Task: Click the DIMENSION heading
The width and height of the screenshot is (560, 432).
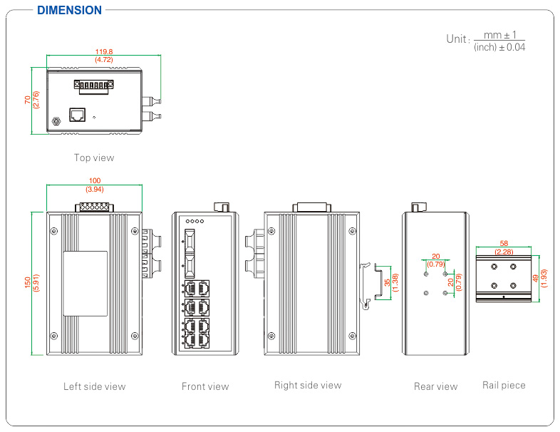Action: tap(69, 10)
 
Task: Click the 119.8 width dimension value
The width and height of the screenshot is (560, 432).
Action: tap(104, 51)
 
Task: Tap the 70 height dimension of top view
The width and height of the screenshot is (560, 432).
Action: tap(28, 101)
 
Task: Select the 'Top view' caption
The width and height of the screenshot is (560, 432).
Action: tap(94, 158)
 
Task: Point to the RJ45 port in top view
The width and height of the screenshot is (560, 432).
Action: tap(77, 114)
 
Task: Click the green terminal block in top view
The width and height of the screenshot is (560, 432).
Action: tap(93, 86)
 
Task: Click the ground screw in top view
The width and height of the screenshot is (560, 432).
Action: tap(56, 122)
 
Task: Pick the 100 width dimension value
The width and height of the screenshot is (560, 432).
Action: tap(94, 182)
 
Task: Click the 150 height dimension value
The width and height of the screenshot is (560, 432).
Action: tap(28, 283)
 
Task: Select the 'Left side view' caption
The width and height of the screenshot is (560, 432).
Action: tap(94, 386)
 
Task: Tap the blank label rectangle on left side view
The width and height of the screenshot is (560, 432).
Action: tap(85, 283)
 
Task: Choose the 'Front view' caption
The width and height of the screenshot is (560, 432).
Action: tap(205, 386)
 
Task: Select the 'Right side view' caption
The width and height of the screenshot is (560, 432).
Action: tap(308, 386)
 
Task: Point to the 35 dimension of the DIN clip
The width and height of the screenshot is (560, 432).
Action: tap(387, 282)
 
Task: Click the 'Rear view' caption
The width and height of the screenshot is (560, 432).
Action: tap(435, 386)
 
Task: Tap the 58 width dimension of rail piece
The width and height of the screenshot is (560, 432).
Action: tap(504, 244)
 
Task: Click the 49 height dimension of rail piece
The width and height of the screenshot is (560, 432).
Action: tap(536, 278)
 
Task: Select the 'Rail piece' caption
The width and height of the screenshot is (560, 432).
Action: tap(504, 386)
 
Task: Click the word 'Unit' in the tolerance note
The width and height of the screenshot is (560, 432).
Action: tap(457, 38)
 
